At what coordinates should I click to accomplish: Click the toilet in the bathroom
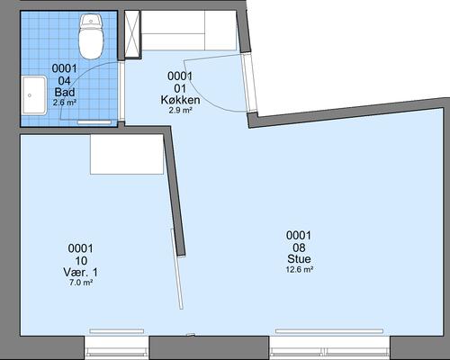pos(91,37)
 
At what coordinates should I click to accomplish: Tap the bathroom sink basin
pos(34,95)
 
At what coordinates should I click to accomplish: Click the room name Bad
pos(65,92)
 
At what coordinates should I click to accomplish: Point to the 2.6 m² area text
pos(65,103)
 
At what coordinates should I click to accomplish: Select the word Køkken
pos(180,100)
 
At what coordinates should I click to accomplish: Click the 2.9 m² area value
pos(180,111)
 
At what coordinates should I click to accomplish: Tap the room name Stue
pos(299,258)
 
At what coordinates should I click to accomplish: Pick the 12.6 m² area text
pos(299,269)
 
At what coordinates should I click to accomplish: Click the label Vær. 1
pos(80,273)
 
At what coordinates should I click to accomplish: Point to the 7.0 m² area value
pos(80,283)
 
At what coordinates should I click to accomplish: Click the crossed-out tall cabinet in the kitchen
pos(132,34)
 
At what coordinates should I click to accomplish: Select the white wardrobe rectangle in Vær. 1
pos(127,154)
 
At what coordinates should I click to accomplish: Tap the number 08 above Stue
pos(299,247)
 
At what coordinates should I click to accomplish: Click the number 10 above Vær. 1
pos(80,260)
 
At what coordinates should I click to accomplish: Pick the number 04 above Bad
pos(65,80)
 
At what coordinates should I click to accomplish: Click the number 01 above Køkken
pos(180,88)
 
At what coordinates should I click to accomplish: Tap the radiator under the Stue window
pos(329,331)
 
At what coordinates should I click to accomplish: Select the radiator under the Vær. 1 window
pos(117,331)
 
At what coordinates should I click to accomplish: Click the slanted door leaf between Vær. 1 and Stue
pos(176,269)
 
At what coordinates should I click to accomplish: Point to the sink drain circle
pos(30,95)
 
